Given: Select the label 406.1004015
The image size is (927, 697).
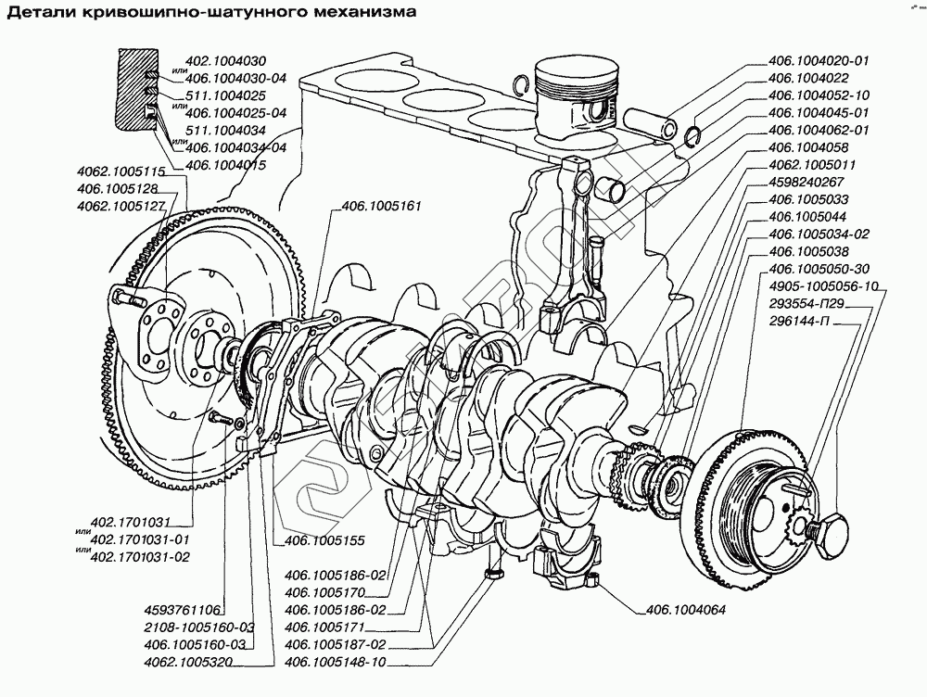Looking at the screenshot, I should coord(226,164).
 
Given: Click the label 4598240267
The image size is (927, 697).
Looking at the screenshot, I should coord(806,182).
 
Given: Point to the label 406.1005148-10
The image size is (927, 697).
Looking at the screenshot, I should coord(335,662).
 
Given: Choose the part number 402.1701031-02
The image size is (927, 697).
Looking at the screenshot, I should coord(142,557).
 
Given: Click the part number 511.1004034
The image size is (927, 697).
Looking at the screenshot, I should coord(226,130).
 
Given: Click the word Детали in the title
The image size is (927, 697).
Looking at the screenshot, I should coord(38,13).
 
